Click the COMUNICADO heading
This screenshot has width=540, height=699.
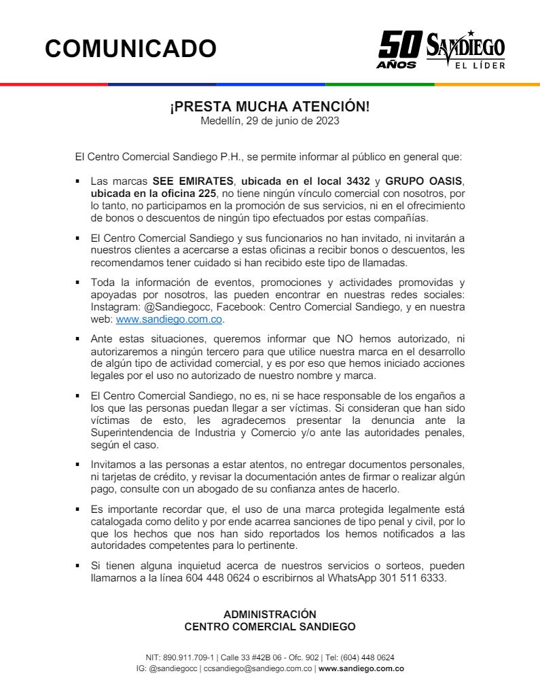(131, 48)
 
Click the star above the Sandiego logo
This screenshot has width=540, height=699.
(471, 33)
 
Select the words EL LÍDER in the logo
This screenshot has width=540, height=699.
(480, 66)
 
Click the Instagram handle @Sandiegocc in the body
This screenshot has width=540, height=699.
(159, 307)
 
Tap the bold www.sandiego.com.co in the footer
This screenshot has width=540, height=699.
(361, 669)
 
